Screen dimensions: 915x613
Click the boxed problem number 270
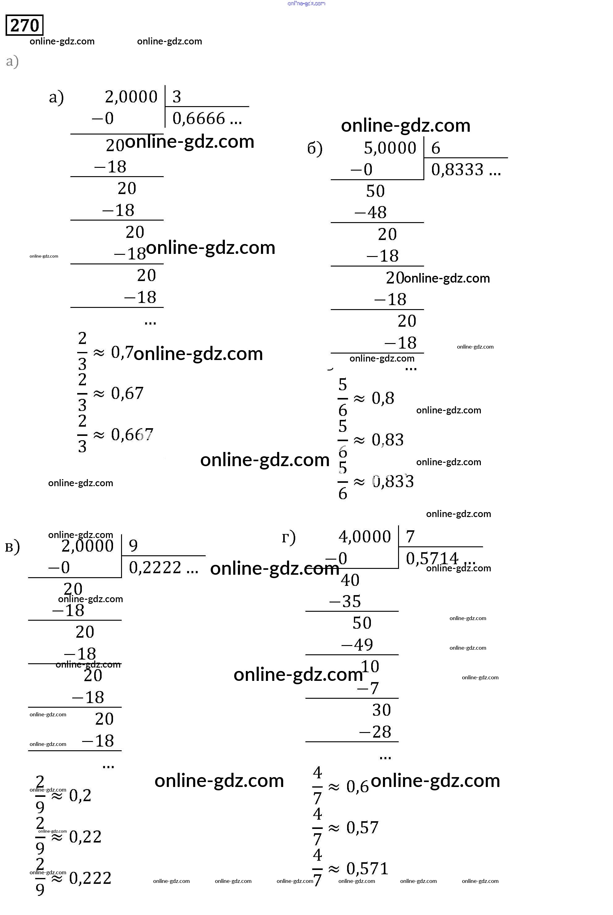24,25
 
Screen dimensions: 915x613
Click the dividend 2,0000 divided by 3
131,97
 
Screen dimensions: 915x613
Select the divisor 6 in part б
435,148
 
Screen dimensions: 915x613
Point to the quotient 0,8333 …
465,169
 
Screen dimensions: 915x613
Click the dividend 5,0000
390,148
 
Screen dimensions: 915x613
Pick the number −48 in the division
371,213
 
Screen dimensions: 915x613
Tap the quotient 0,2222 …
163,567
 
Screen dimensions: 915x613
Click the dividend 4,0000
364,536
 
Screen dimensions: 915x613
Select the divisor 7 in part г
410,536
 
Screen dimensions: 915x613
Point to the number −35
345,601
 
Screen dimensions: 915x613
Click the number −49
357,645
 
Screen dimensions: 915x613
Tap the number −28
375,732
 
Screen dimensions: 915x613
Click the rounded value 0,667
132,435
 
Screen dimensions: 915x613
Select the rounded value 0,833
393,482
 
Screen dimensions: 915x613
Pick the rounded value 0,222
90,878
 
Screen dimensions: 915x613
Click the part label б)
315,148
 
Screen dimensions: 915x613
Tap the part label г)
288,537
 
